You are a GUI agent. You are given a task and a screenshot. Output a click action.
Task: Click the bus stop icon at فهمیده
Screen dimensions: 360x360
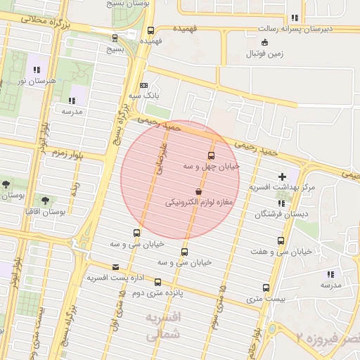(150, 30)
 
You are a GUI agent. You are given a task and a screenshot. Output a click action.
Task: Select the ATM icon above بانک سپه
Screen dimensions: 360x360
(144, 85)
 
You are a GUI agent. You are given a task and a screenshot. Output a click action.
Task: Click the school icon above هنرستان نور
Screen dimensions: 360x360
(37, 70)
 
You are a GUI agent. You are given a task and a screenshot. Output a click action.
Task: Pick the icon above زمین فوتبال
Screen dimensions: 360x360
(264, 43)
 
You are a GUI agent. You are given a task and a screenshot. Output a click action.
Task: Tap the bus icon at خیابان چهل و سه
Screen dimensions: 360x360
(211, 155)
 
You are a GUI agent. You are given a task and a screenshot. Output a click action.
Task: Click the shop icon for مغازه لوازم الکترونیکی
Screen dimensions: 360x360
(199, 191)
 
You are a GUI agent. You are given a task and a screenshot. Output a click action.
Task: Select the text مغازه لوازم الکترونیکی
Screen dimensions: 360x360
(199, 202)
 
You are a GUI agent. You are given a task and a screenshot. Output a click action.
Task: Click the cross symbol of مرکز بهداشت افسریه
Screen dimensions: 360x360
(283, 176)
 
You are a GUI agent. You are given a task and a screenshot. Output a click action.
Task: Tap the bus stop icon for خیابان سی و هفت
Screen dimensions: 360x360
(281, 240)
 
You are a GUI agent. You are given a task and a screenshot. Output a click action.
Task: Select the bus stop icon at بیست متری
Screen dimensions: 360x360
(266, 288)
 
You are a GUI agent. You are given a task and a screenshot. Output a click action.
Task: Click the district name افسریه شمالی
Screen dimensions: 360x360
(162, 327)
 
